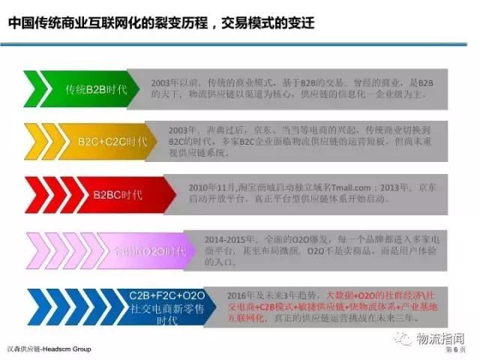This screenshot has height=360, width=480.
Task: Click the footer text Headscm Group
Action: (x=70, y=350)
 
